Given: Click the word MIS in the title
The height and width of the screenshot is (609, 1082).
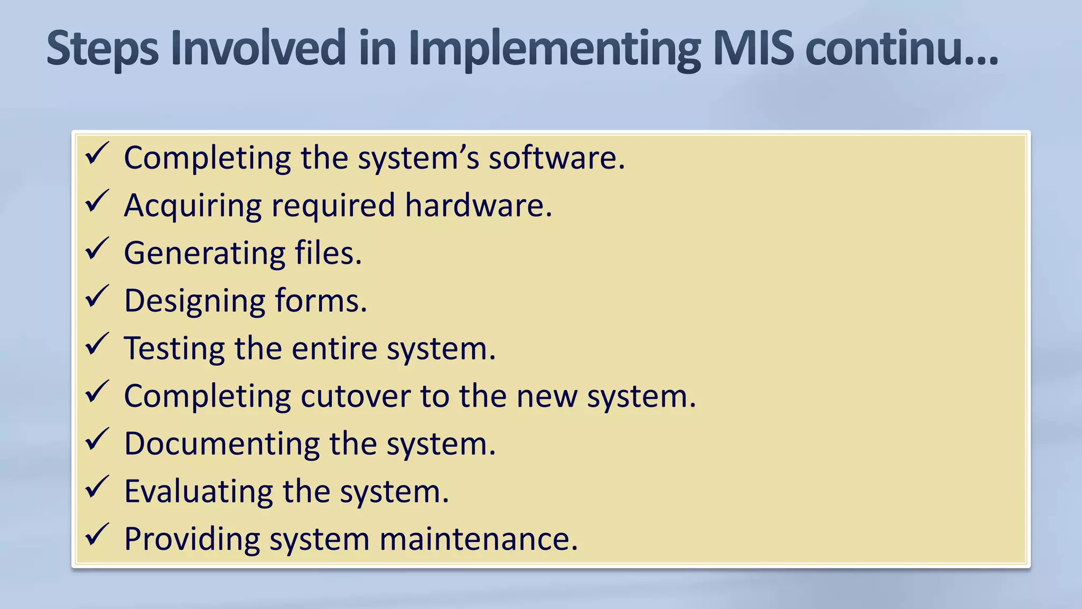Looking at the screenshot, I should coord(753,49).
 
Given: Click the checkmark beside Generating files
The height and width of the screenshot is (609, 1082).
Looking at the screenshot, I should coord(97,249).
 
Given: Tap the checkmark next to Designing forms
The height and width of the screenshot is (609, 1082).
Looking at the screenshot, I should coord(97,297).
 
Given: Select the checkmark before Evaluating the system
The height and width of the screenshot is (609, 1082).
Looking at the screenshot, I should coord(97,487).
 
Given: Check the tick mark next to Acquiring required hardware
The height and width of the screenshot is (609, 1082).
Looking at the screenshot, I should coord(97,201).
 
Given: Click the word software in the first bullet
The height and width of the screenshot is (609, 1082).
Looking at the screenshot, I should coord(556,158).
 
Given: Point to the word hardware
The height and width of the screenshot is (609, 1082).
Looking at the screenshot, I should coord(478,205).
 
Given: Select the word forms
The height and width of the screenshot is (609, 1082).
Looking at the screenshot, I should coord(321,300).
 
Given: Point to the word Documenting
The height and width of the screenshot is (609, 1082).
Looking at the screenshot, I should coord(222,444).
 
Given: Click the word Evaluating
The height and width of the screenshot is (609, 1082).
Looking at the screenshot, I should coord(199,492).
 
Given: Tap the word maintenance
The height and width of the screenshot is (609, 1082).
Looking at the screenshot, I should coord(478,539).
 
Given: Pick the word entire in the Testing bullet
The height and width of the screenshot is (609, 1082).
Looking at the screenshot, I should coord(334,348).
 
